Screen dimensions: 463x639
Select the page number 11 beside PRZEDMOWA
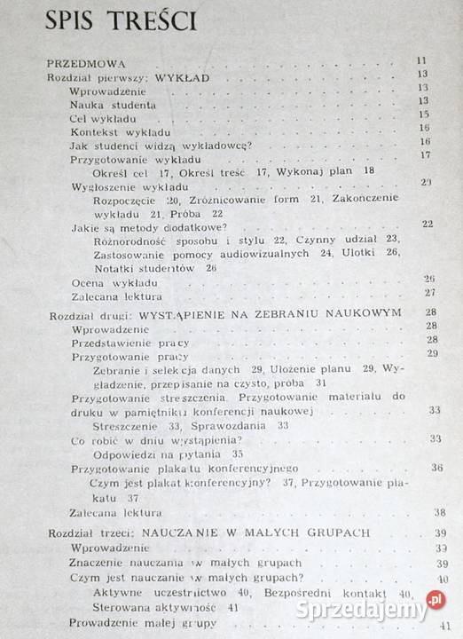(x=422, y=61)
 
